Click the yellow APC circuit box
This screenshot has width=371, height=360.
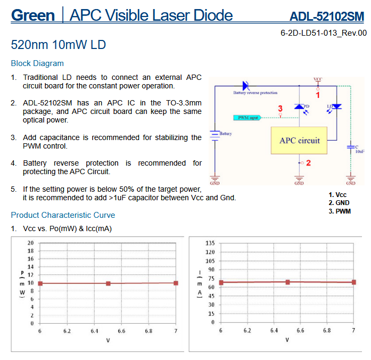(299, 141)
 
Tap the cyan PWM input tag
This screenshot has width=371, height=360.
(248, 118)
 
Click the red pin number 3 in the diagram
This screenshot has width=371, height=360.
(281, 109)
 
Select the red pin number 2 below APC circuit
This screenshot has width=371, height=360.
(308, 163)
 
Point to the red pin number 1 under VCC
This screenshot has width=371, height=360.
(318, 95)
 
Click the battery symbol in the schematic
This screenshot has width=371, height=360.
(215, 136)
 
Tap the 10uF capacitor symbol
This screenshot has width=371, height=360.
(351, 147)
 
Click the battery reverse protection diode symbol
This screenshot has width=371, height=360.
(246, 85)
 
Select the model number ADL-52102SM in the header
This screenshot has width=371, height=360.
(327, 17)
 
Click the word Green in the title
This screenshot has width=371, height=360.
(33, 15)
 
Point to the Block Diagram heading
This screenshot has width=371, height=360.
(37, 63)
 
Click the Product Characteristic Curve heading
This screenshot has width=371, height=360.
(63, 215)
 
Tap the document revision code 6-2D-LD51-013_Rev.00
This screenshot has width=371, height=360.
(324, 33)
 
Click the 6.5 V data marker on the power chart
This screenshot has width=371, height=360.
(108, 283)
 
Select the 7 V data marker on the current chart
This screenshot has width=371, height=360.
(354, 282)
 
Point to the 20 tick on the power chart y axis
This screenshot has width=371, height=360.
(31, 243)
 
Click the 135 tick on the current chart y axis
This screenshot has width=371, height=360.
(210, 243)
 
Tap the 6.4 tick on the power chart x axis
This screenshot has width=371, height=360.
(94, 331)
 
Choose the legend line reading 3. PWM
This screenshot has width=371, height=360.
(340, 211)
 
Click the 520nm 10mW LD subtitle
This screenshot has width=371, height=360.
(59, 45)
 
